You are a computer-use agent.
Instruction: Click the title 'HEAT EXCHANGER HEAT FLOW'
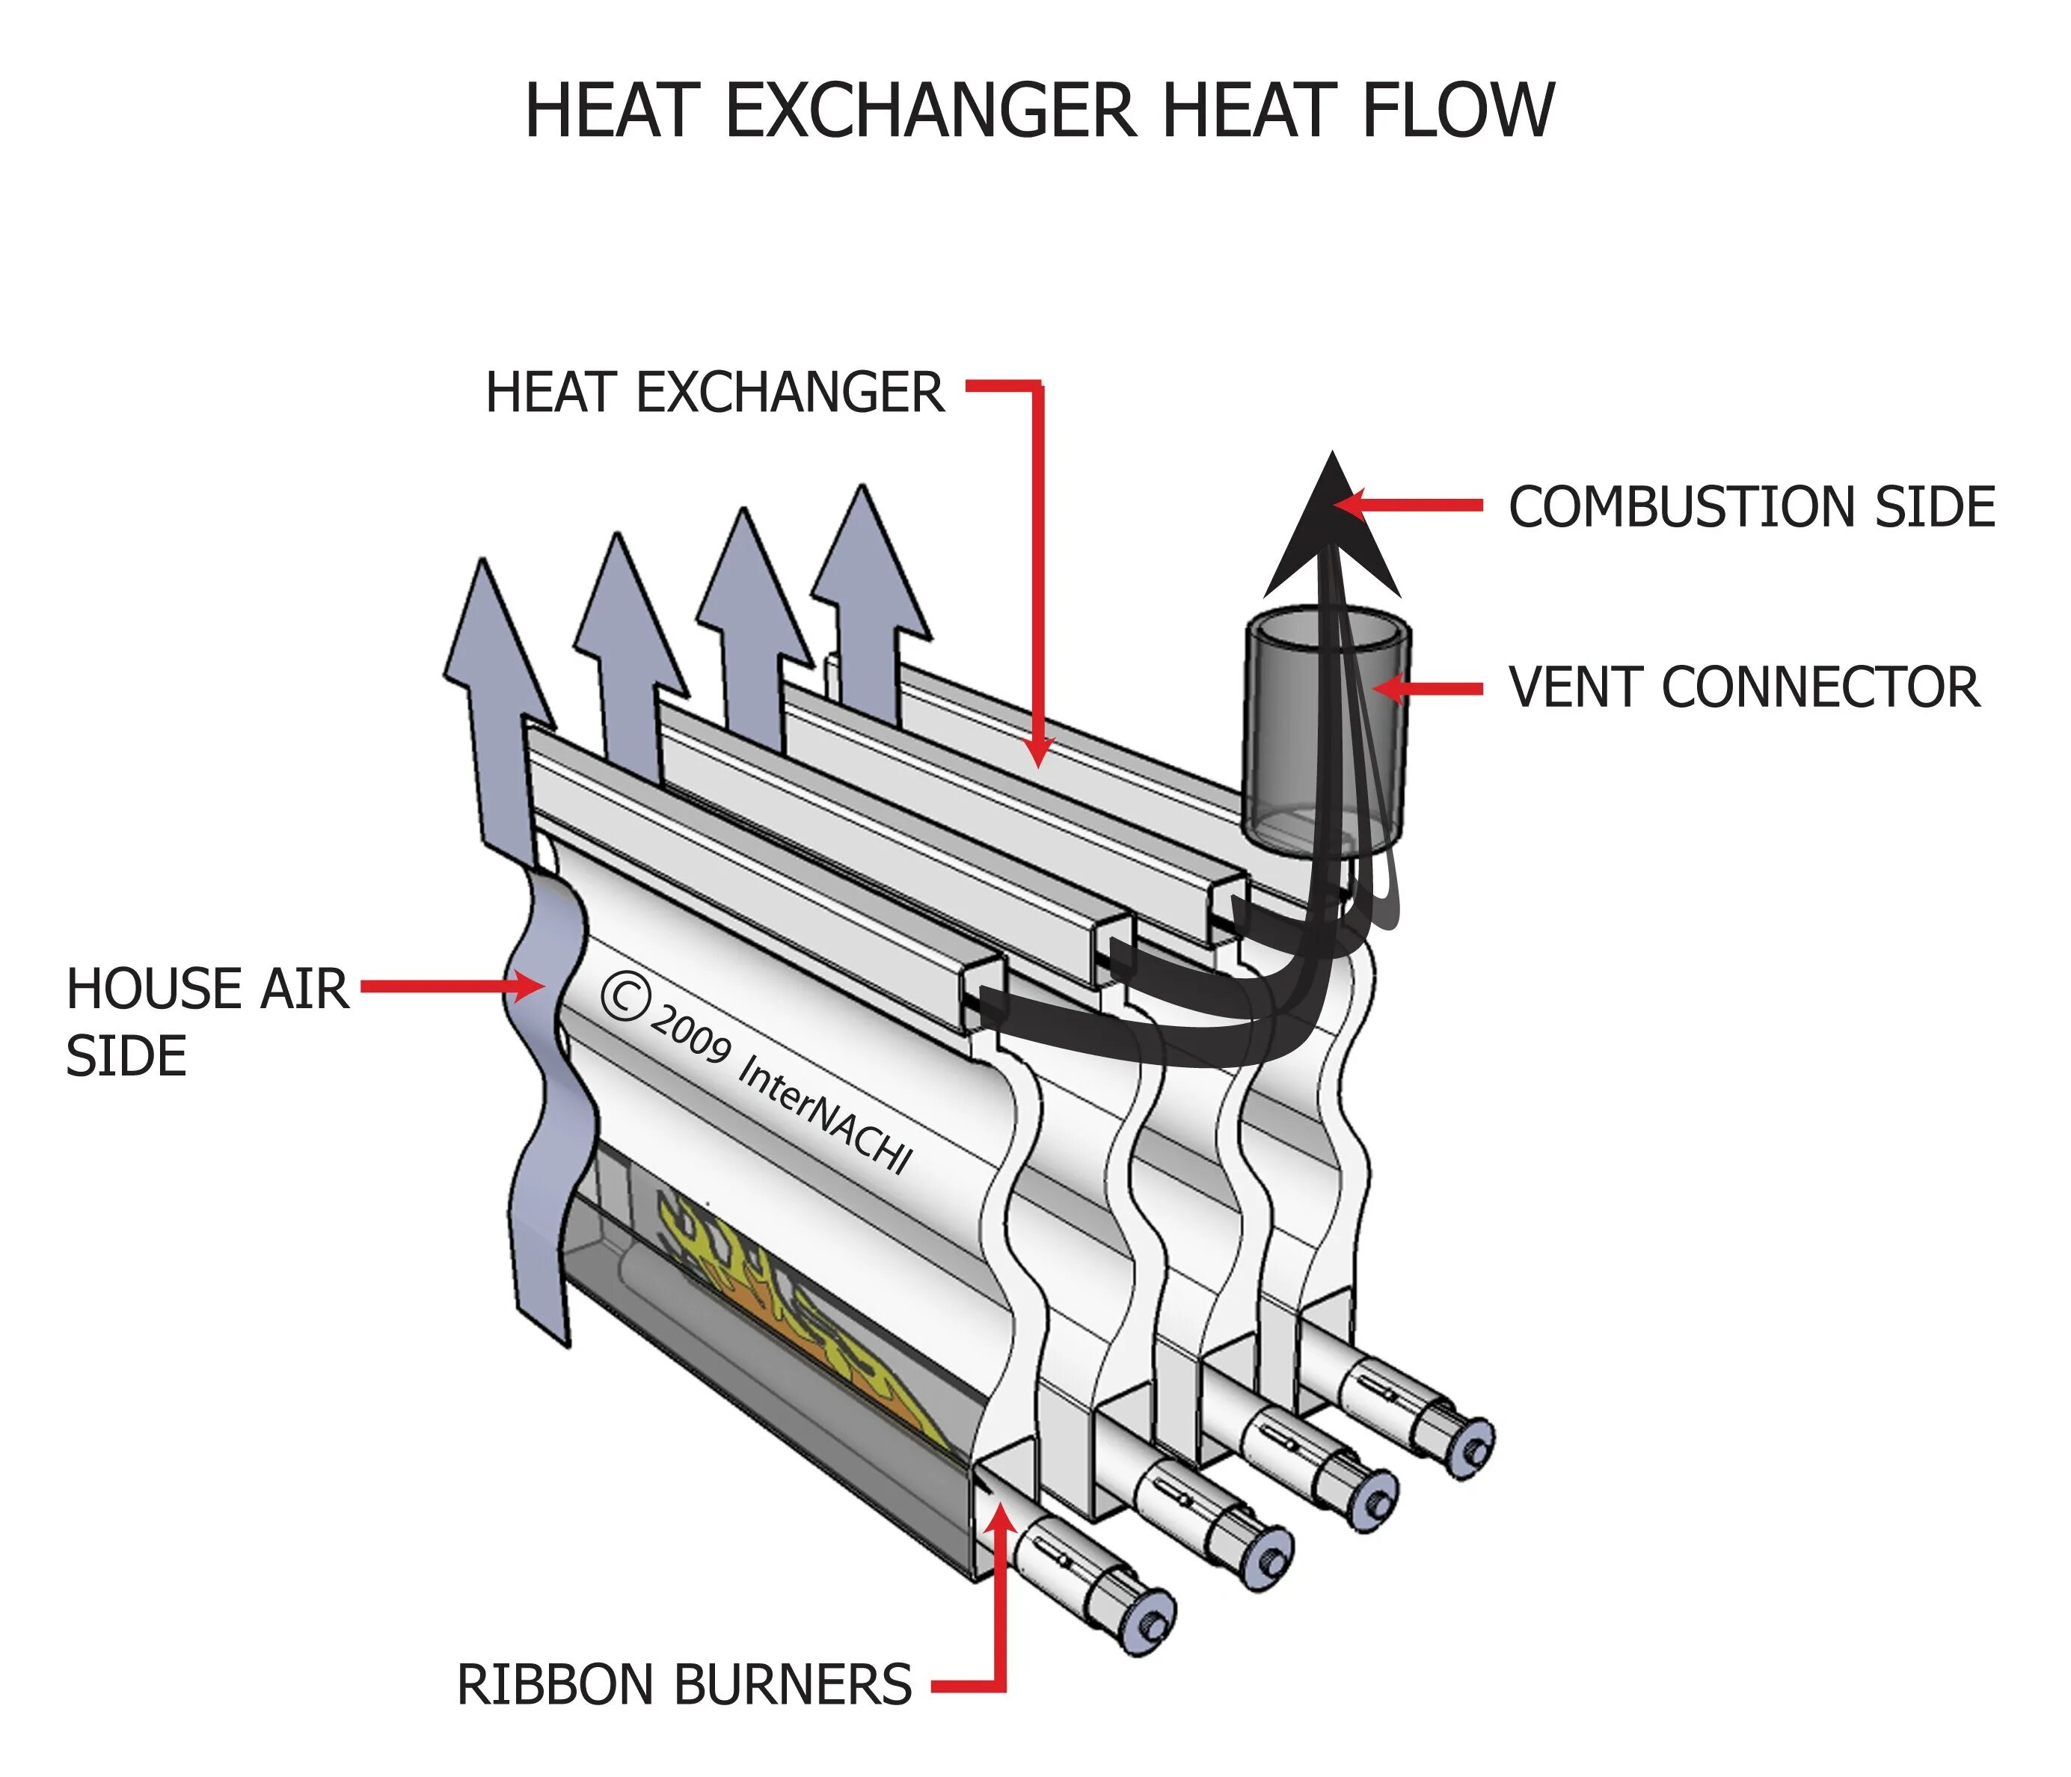click(1039, 110)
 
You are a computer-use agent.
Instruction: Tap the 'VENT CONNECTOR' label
click(1744, 687)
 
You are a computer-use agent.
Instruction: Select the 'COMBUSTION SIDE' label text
click(1751, 507)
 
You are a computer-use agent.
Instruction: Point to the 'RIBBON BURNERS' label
click(684, 1684)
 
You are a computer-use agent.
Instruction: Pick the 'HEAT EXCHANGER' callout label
click(715, 392)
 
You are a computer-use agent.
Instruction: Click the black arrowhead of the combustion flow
click(1331, 530)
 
